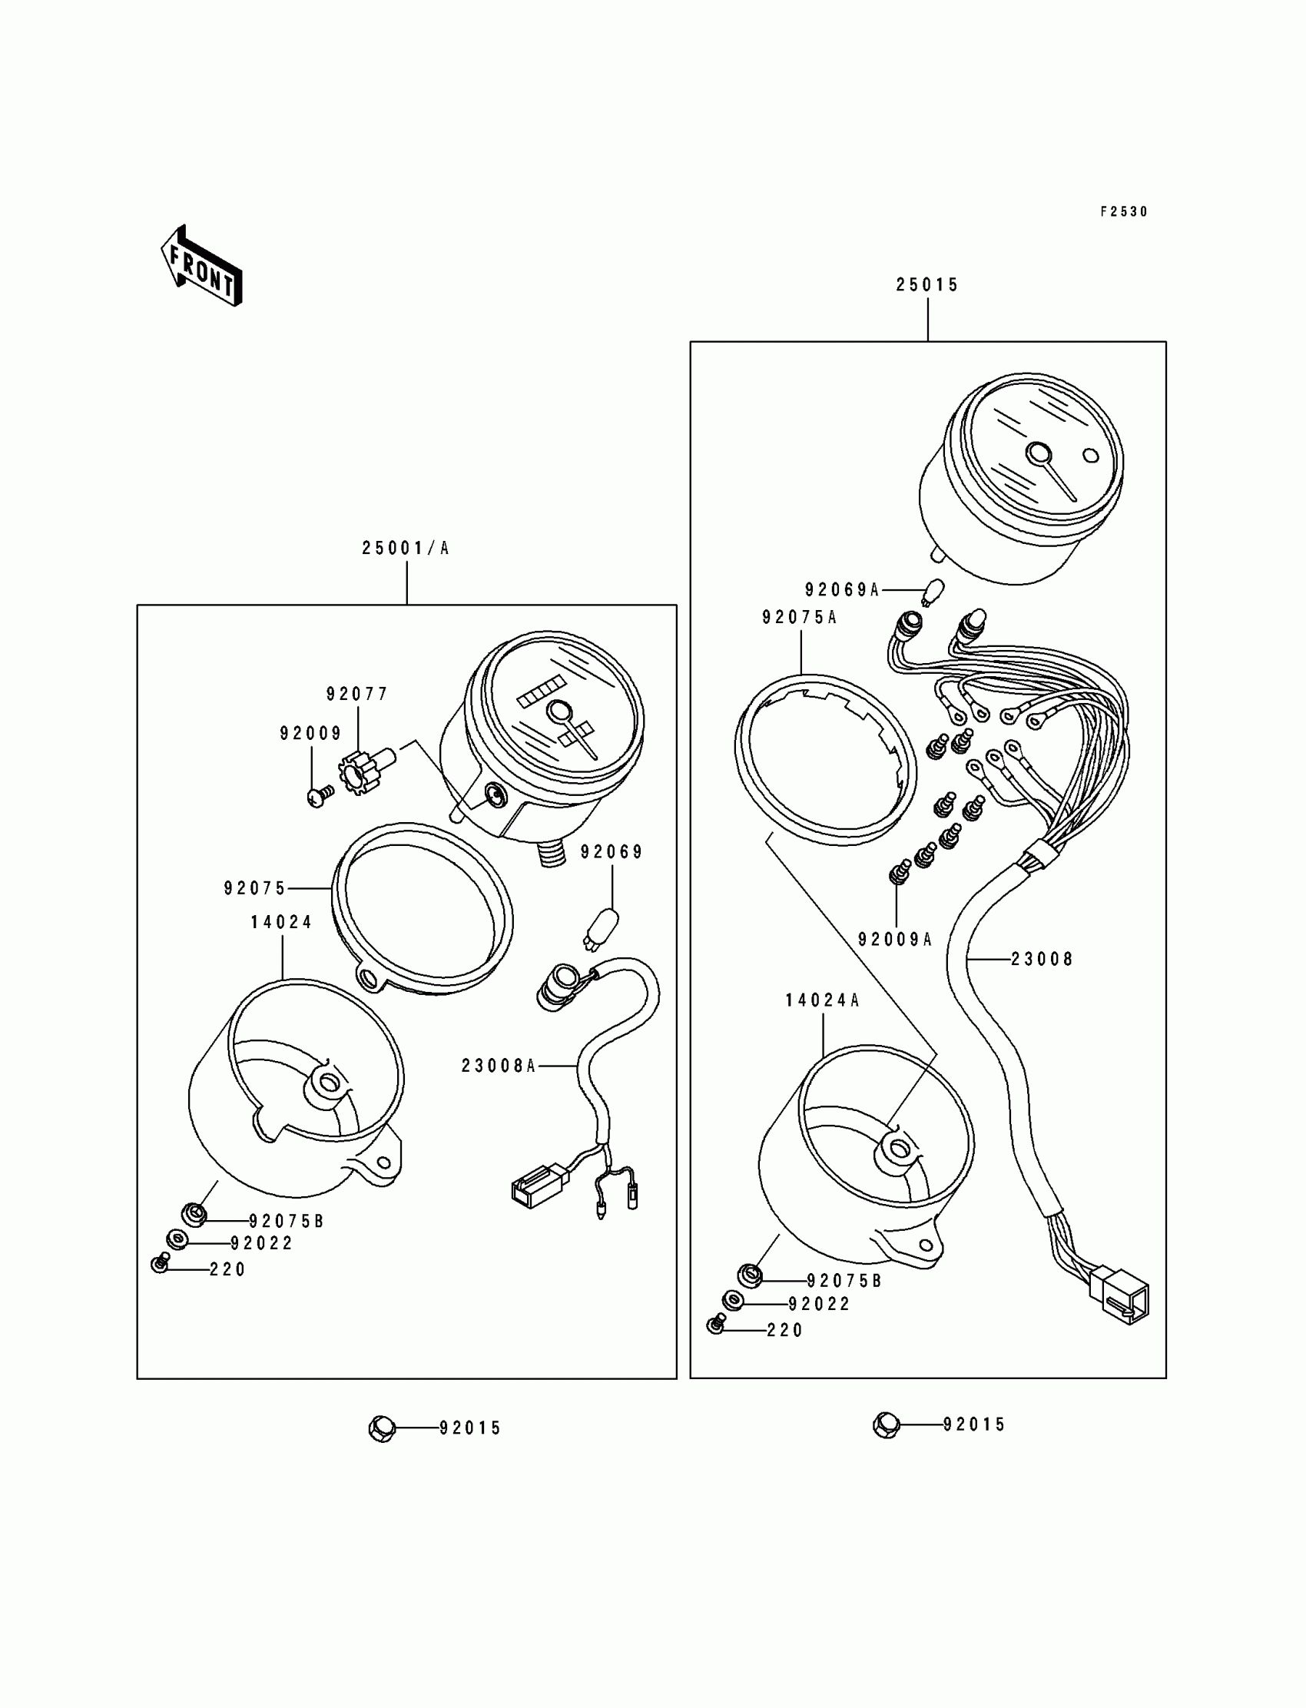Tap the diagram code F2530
click(1123, 212)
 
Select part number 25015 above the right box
click(927, 285)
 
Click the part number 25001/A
click(406, 548)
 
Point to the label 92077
click(356, 695)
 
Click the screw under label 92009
click(320, 796)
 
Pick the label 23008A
click(499, 1066)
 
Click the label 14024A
click(823, 1000)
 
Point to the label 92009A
click(895, 940)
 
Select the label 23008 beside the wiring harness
click(1042, 960)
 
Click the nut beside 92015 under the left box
click(382, 1428)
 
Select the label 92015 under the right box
click(974, 1425)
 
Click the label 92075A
click(799, 618)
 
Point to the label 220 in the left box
click(227, 1269)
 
